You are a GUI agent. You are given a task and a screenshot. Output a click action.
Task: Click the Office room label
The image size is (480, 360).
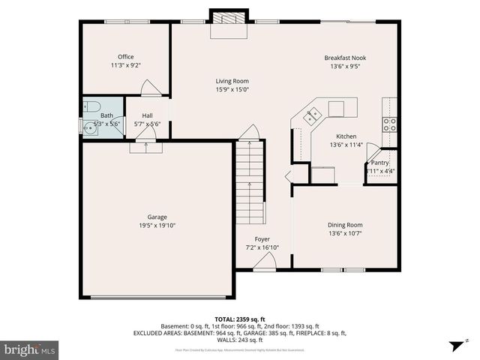click(x=125, y=57)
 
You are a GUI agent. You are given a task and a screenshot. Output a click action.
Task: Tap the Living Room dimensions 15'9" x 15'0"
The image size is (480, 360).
click(x=232, y=89)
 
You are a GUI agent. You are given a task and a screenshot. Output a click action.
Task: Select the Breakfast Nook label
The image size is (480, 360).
click(x=345, y=58)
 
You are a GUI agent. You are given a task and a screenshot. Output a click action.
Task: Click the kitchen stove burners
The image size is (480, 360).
click(x=389, y=124)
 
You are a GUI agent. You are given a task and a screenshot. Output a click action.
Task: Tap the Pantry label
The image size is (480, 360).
click(x=379, y=163)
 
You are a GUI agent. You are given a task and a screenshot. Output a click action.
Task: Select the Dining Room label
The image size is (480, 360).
click(x=345, y=225)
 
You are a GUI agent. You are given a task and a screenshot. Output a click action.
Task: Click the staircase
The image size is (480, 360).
click(x=250, y=184)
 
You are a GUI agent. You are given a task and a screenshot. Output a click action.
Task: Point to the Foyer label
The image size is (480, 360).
click(x=262, y=239)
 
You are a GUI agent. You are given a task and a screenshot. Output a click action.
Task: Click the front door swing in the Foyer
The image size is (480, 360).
click(x=263, y=262)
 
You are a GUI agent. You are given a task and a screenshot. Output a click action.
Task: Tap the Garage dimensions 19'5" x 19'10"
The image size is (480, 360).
click(x=157, y=225)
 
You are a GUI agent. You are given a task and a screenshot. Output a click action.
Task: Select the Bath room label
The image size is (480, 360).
click(x=107, y=115)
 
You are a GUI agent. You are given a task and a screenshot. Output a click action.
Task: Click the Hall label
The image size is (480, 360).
click(x=146, y=115)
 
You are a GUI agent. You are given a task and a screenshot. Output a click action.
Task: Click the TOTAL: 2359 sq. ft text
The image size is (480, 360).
click(x=240, y=318)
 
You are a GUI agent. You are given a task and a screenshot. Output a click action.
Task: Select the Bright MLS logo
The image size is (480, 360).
click(x=30, y=349)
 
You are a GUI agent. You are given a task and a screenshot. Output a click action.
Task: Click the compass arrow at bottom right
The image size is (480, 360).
click(x=454, y=346)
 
